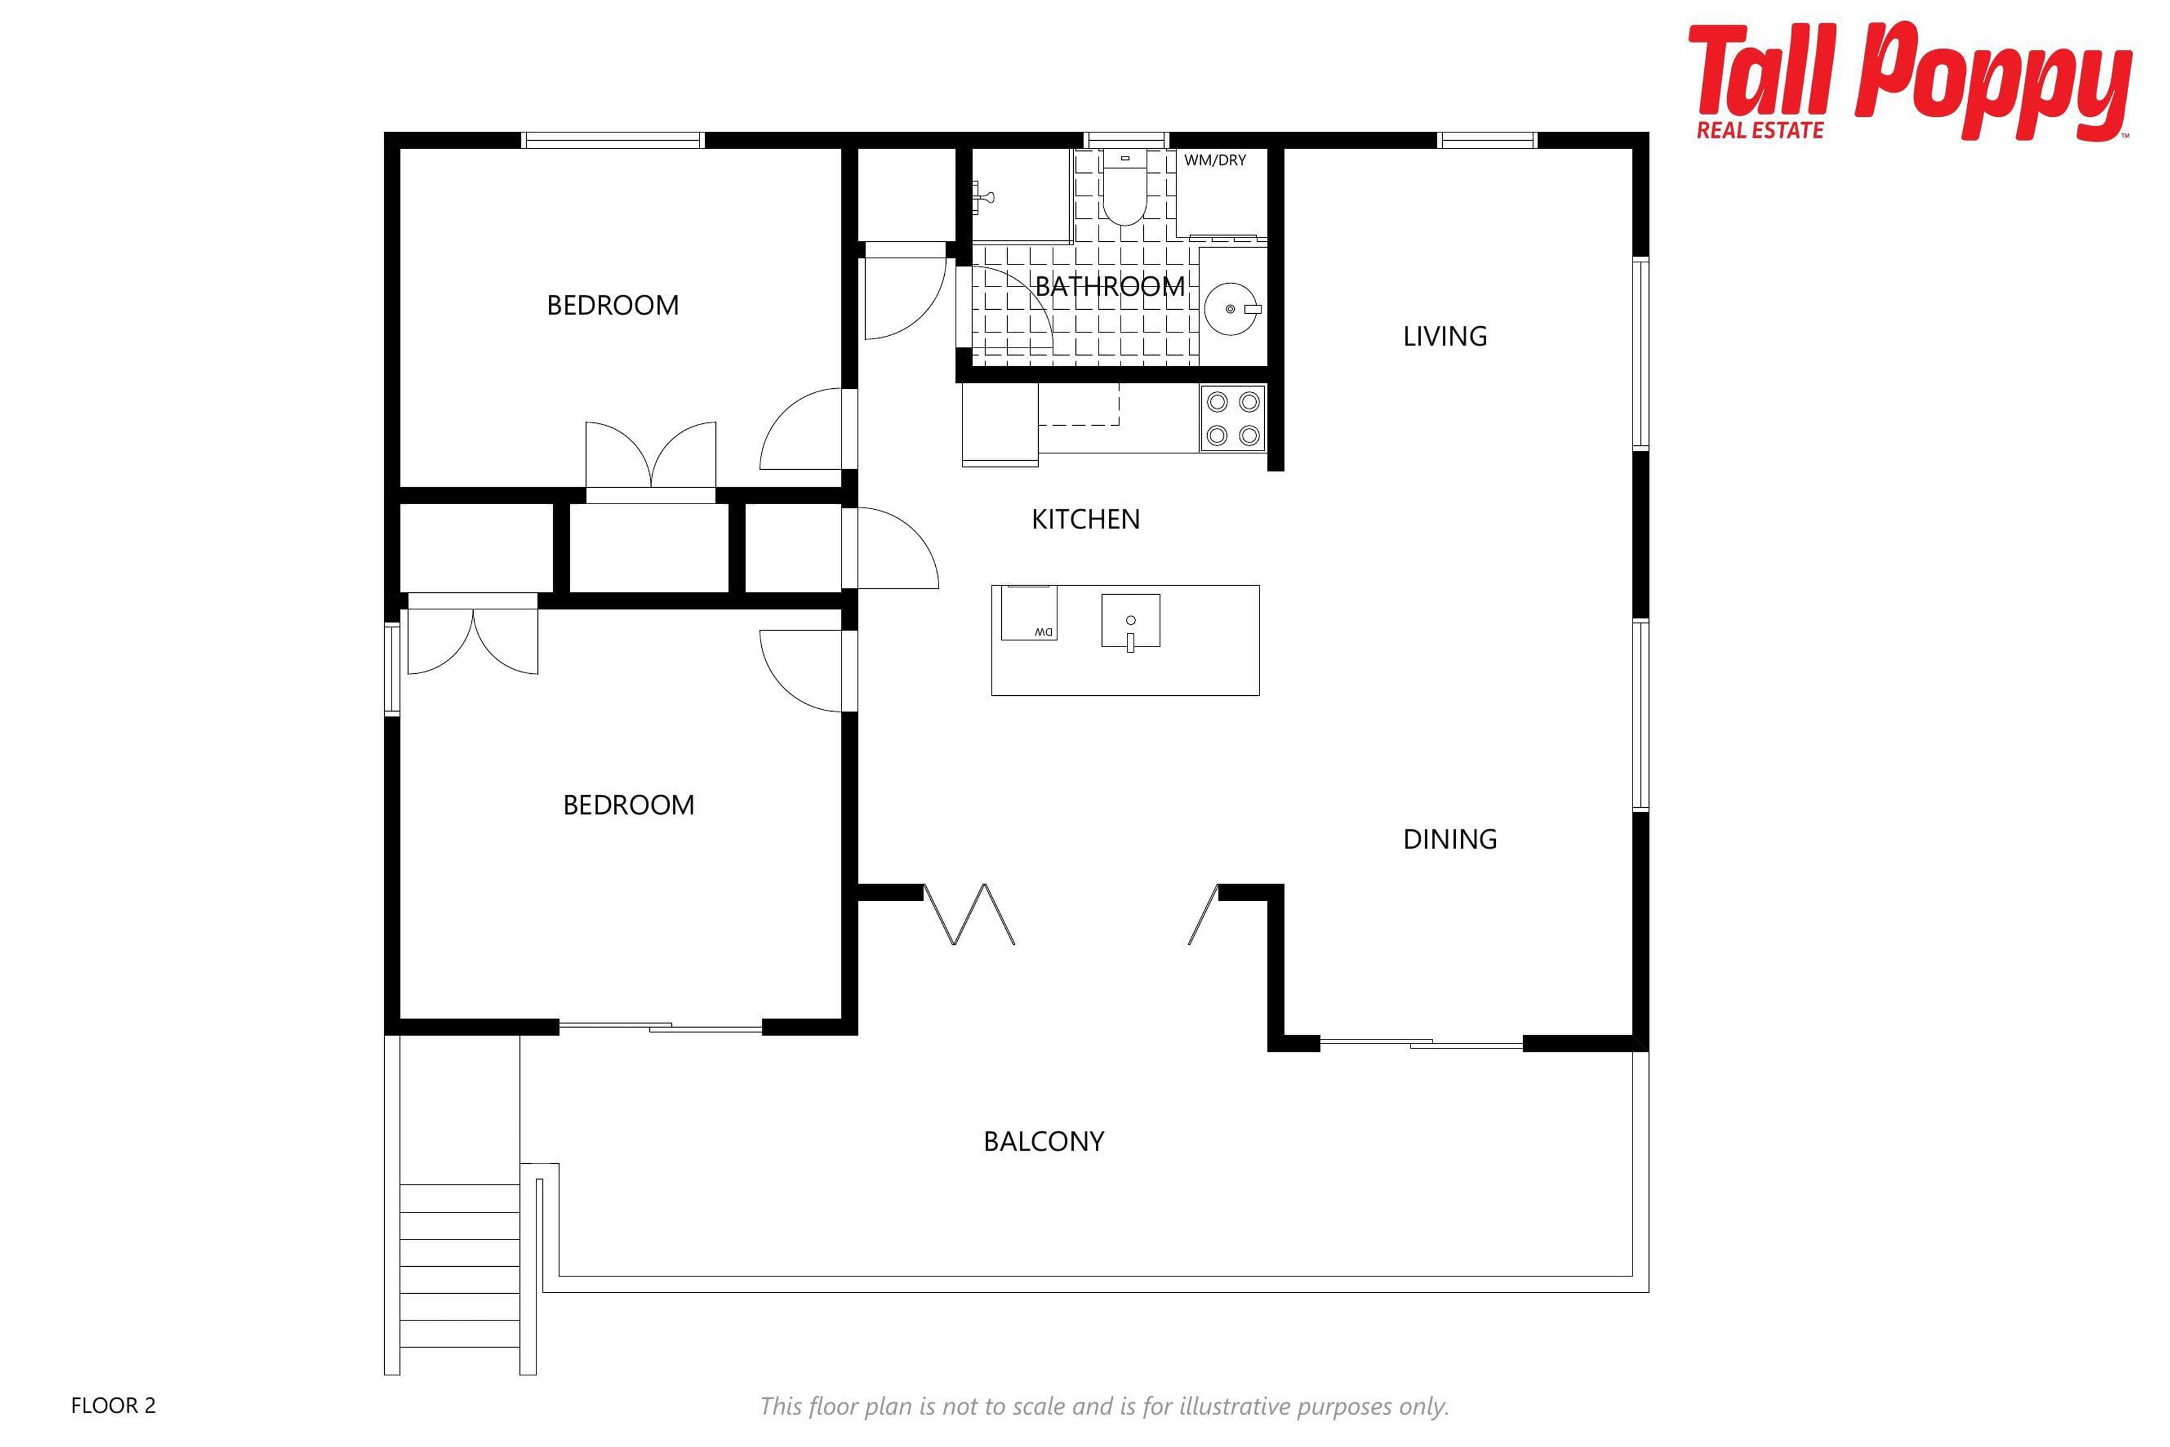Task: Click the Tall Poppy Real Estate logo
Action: [1910, 81]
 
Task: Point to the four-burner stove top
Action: [1232, 418]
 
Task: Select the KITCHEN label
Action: [1086, 519]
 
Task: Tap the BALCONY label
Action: [1044, 1142]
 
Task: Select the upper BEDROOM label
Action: [613, 305]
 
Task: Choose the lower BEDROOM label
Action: [628, 805]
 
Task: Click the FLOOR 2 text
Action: [114, 1406]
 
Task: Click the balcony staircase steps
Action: [459, 1278]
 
